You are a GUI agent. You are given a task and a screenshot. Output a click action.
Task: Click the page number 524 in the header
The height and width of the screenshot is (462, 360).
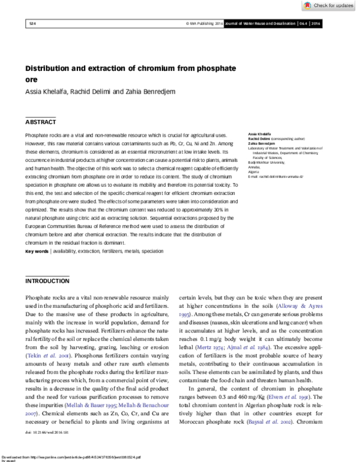click(x=32, y=23)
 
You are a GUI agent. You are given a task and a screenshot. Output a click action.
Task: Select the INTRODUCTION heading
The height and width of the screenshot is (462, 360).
click(x=47, y=281)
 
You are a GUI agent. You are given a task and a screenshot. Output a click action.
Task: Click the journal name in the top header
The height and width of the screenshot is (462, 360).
click(x=266, y=23)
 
